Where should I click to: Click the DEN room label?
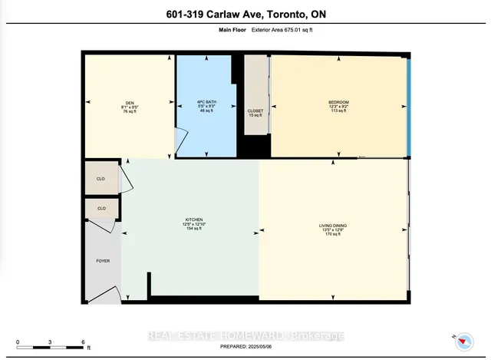[128, 104]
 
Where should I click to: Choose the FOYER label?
[102, 261]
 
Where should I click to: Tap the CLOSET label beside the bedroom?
[255, 111]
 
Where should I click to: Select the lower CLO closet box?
[101, 208]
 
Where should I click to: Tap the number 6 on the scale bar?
[83, 342]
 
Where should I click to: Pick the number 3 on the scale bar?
[50, 342]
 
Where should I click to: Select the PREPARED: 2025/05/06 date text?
[245, 347]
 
